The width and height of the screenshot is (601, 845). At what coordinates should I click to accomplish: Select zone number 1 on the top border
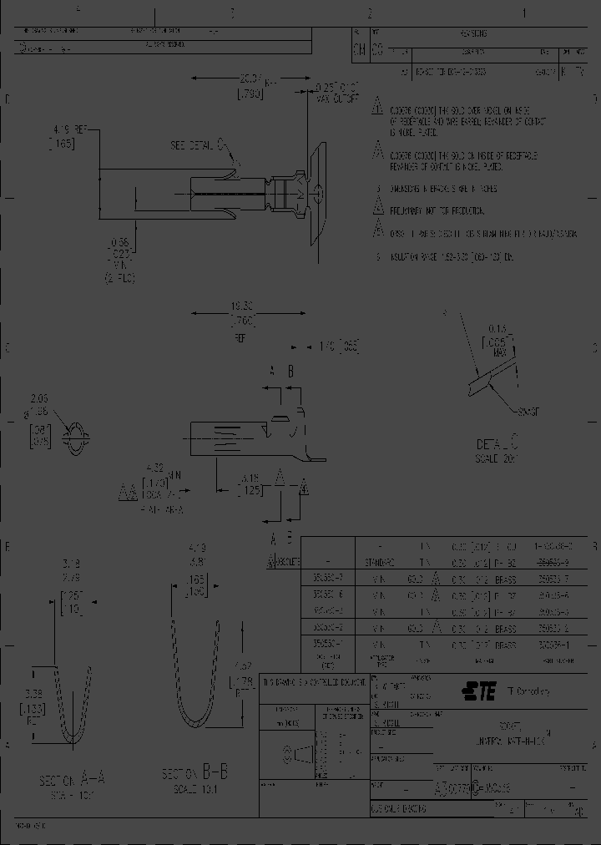point(523,13)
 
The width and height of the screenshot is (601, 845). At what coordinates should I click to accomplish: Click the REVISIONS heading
point(472,33)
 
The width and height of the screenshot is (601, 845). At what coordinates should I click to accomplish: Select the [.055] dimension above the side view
point(346,346)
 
